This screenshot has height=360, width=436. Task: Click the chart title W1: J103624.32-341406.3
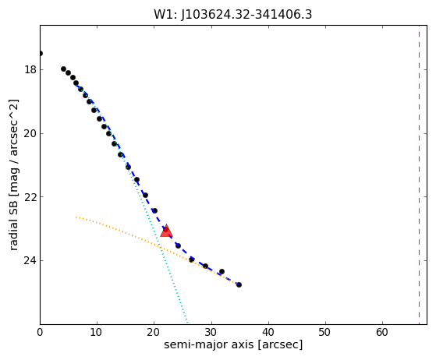232,14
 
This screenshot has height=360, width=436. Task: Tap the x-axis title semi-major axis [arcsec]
233,344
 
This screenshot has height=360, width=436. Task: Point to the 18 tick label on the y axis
30,69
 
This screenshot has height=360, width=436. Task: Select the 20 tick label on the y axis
30,133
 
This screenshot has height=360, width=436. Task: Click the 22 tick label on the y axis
30,197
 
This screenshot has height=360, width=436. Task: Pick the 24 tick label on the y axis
30,260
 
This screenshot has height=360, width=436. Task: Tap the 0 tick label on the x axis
40,332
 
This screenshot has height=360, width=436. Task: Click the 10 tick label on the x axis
97,332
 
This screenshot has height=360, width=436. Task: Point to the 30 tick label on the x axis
211,332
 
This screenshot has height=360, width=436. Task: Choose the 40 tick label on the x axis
268,332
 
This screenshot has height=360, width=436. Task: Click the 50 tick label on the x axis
325,332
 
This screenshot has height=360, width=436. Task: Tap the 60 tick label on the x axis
383,332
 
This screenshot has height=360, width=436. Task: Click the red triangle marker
166,231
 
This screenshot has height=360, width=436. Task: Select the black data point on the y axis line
41,53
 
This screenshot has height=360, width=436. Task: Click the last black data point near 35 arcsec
239,284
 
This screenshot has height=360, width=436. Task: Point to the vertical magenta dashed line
419,175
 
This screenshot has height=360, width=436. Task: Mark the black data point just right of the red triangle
179,245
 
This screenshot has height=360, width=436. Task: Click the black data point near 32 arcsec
222,271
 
